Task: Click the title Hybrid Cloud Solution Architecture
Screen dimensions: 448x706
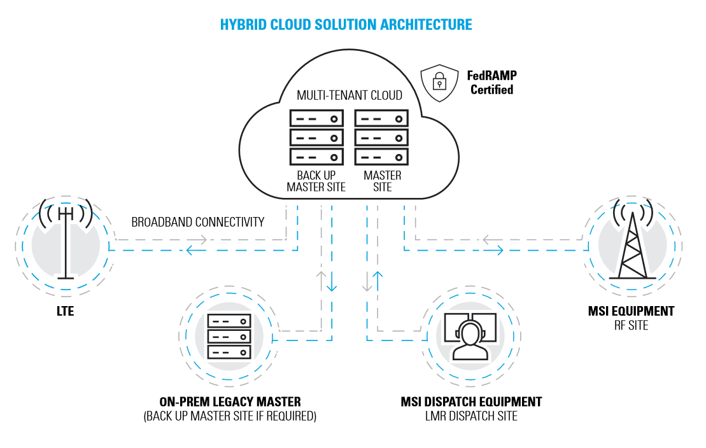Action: click(x=346, y=25)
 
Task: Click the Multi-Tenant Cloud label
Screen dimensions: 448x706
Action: click(x=349, y=95)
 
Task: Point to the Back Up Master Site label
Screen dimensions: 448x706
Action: click(x=316, y=181)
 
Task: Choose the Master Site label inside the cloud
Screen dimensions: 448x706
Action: click(x=382, y=181)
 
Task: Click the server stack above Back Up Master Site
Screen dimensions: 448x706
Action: click(x=316, y=137)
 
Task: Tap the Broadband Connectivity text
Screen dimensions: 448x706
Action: click(x=197, y=222)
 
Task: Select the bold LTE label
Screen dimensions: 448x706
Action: click(x=65, y=312)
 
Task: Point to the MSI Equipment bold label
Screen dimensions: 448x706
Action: click(x=631, y=311)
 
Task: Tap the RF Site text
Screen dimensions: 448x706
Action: click(x=631, y=325)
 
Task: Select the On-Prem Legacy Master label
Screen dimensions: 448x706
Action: click(x=230, y=402)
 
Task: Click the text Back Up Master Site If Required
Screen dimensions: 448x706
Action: click(x=230, y=417)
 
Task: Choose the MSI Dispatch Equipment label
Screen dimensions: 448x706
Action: click(x=471, y=402)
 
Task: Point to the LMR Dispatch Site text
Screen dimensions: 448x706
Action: click(x=471, y=417)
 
